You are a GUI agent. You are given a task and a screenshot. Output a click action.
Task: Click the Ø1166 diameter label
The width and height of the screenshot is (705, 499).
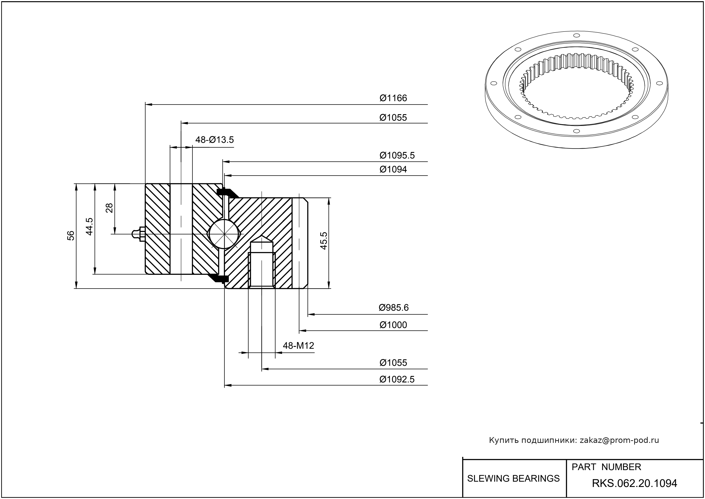pyautogui.click(x=393, y=98)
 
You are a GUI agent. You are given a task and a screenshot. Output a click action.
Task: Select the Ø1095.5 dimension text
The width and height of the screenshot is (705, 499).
pyautogui.click(x=397, y=156)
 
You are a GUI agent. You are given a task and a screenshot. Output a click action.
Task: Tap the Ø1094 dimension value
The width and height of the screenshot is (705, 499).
pyautogui.click(x=393, y=169)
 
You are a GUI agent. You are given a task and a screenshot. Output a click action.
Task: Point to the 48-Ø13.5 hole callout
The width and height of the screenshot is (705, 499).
pyautogui.click(x=215, y=140)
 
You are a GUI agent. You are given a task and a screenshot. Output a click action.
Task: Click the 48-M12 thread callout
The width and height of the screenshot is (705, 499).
pyautogui.click(x=298, y=346)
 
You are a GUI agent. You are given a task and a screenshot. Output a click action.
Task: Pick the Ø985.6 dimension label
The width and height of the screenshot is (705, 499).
pyautogui.click(x=393, y=308)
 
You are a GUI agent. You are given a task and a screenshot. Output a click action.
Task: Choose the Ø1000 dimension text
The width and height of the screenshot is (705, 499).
pyautogui.click(x=393, y=325)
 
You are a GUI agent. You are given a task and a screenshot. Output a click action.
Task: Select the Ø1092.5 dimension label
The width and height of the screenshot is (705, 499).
pyautogui.click(x=397, y=379)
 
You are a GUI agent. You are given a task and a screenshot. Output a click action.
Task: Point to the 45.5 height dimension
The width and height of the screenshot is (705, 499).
pyautogui.click(x=324, y=241)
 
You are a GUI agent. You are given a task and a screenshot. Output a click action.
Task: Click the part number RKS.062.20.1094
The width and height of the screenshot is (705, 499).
pyautogui.click(x=634, y=483)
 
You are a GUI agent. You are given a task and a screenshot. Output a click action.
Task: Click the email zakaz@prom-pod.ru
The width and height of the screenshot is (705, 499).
pyautogui.click(x=619, y=440)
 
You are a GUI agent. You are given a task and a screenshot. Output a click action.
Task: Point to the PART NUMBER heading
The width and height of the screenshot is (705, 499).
pyautogui.click(x=606, y=467)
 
